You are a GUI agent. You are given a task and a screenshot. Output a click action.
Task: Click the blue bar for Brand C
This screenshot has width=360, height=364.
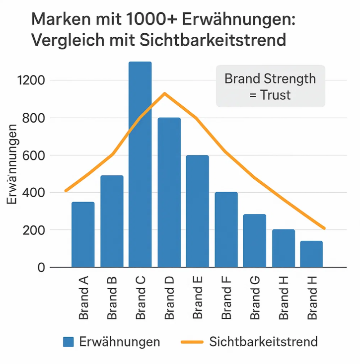(x=140, y=164)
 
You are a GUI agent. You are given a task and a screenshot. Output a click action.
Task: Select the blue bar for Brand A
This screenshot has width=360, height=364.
(x=83, y=235)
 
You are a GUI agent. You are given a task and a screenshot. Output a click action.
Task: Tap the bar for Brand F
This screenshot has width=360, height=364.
(x=226, y=229)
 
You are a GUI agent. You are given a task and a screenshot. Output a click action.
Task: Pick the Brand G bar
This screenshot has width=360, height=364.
(x=255, y=241)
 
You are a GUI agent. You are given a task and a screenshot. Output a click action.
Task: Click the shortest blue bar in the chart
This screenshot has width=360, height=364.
(x=311, y=254)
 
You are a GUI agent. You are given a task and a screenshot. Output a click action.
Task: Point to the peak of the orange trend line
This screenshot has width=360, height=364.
(x=165, y=94)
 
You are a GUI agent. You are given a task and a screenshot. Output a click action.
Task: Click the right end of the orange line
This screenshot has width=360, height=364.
(x=324, y=228)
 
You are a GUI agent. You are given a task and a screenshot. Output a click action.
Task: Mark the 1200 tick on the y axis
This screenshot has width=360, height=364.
(x=31, y=80)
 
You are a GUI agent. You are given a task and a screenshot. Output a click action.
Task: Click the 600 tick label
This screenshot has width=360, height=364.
(x=33, y=155)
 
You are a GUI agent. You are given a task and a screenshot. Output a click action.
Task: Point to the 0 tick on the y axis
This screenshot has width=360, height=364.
(x=41, y=268)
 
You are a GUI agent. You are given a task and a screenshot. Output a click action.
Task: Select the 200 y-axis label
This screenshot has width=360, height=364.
(x=33, y=230)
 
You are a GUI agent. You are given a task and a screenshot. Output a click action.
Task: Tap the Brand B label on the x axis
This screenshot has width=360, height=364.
(x=112, y=298)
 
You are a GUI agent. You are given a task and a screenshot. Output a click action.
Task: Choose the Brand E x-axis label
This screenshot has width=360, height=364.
(x=198, y=297)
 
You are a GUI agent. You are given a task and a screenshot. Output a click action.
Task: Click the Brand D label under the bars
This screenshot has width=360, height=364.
(x=169, y=298)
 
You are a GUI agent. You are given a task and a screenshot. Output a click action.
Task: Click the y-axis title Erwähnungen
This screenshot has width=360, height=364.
(x=11, y=164)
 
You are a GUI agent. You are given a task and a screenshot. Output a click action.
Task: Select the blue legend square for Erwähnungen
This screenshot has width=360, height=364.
(x=68, y=342)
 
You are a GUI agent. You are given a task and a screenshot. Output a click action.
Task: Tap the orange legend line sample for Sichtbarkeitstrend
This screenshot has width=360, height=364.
(x=192, y=342)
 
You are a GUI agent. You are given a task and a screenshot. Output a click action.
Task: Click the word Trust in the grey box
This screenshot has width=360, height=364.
(x=275, y=95)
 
